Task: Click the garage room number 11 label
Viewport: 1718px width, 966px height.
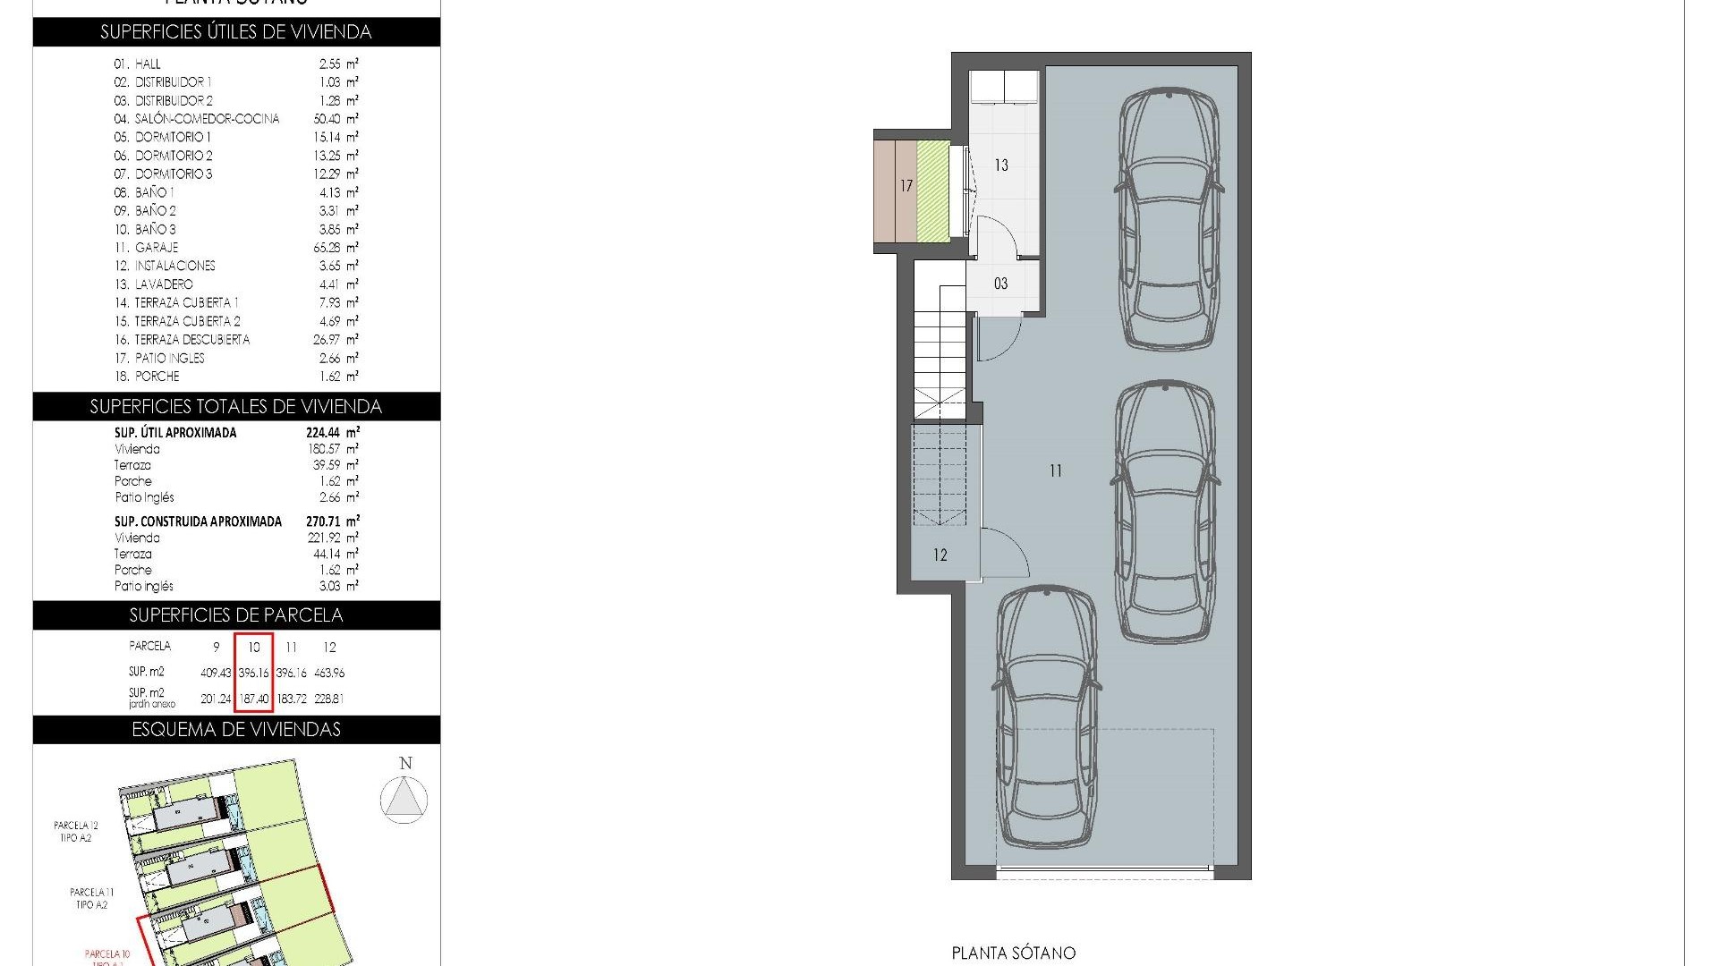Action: coord(1056,470)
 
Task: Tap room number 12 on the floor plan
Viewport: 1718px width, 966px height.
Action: coord(940,555)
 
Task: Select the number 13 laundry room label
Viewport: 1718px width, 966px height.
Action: coord(1001,165)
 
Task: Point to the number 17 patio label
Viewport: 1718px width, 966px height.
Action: coord(906,186)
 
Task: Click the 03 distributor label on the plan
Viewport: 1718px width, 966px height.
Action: coord(1000,284)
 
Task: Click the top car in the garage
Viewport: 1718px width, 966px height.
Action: coord(1169,219)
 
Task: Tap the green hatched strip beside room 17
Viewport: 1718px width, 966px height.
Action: coord(933,190)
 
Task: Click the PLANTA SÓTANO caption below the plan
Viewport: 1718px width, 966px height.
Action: coord(1013,953)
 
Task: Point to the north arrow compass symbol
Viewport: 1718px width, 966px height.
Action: coord(404,798)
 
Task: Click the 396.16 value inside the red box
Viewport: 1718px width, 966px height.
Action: coord(254,673)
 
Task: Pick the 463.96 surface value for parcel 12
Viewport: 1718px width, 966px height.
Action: coord(329,673)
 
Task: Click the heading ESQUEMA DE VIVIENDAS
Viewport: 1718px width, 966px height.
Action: coord(236,730)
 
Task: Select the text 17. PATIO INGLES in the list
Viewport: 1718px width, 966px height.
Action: coord(159,359)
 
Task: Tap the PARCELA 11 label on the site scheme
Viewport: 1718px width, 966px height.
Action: coord(92,892)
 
